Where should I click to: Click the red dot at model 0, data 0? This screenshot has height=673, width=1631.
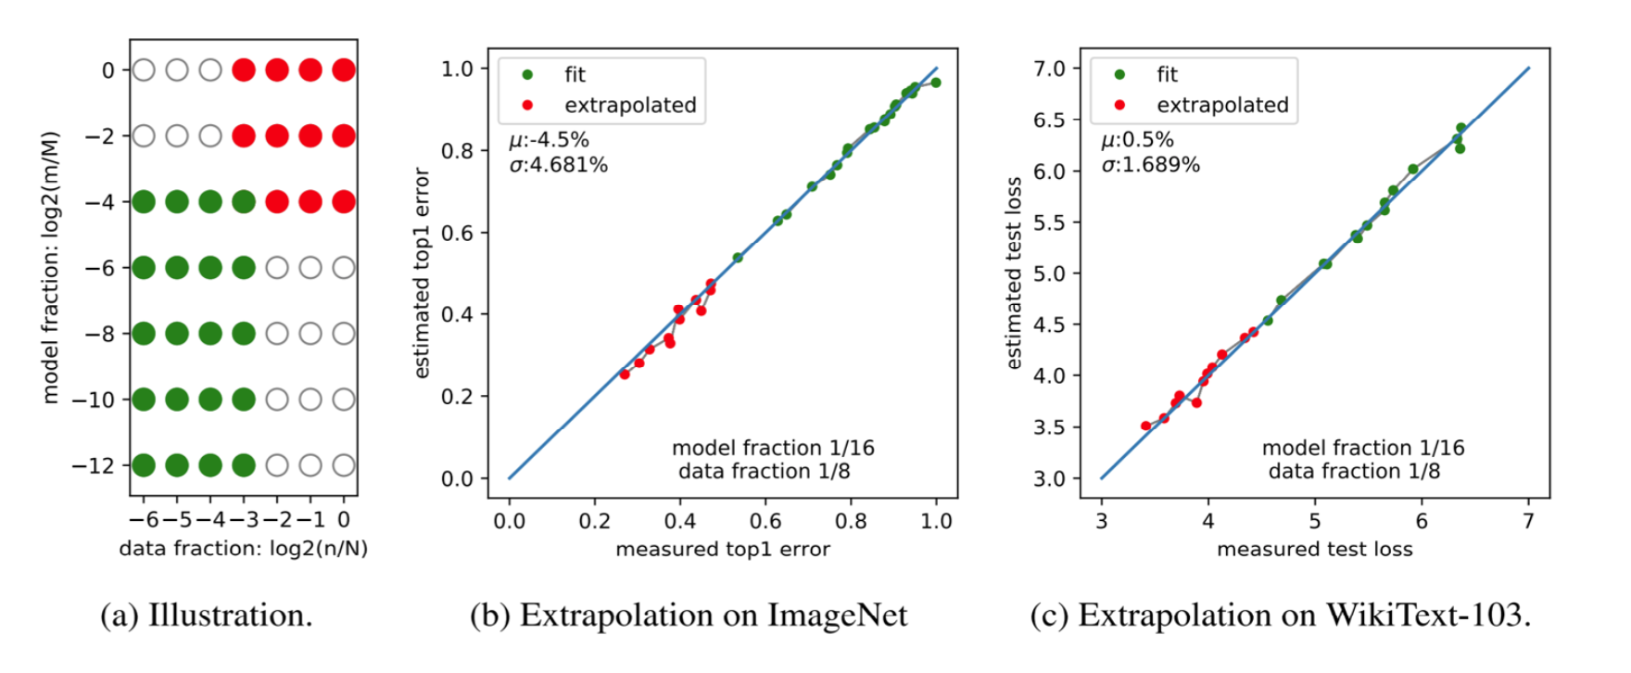[344, 70]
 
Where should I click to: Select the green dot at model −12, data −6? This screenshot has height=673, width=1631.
[144, 465]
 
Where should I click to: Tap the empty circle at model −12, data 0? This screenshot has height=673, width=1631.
[344, 465]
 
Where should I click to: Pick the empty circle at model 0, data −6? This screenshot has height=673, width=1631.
[144, 70]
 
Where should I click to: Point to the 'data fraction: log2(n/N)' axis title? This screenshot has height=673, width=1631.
[243, 549]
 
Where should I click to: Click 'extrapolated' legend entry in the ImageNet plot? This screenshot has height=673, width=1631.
[630, 105]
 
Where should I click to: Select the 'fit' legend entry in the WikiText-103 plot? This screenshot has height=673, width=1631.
[1167, 74]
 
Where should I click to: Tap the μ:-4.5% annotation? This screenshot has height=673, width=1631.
[549, 140]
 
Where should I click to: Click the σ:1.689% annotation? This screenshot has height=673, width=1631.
[1150, 165]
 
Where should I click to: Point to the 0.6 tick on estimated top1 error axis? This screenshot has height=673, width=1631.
[457, 233]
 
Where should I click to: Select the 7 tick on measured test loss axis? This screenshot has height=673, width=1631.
[1528, 521]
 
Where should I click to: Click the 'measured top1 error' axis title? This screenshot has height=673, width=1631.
[723, 549]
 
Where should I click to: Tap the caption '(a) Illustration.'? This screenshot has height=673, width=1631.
[206, 615]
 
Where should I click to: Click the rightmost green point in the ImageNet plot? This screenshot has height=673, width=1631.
[935, 83]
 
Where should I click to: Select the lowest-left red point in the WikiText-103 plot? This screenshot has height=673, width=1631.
[1145, 426]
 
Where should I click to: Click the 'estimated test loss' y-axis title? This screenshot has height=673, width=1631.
[1014, 273]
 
